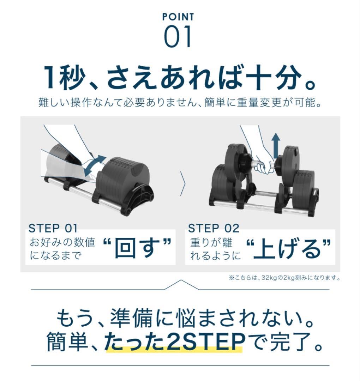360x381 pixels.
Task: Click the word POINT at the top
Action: click(178, 17)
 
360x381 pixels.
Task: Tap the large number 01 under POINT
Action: click(178, 36)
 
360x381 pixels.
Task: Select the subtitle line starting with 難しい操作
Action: click(180, 103)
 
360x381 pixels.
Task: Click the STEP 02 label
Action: click(214, 228)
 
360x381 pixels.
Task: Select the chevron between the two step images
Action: click(182, 183)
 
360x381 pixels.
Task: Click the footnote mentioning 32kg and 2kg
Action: click(284, 278)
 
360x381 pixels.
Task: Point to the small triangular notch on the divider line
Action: click(180, 284)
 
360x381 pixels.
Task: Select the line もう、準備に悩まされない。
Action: click(180, 319)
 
